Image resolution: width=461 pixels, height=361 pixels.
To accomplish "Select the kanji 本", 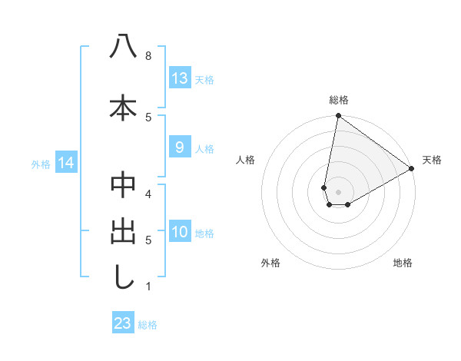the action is click(x=123, y=107).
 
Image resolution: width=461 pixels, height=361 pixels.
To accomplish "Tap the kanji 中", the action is click(x=123, y=185).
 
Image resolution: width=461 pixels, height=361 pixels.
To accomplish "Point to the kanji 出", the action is click(x=123, y=231).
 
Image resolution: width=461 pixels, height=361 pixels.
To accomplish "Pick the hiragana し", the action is click(x=123, y=277).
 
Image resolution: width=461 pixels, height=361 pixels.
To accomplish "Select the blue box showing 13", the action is click(x=179, y=78).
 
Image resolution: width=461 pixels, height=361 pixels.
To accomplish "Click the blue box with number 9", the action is click(x=179, y=147).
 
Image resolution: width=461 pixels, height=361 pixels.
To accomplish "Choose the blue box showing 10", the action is click(x=180, y=232).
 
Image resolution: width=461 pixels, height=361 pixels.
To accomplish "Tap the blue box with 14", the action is click(x=65, y=163).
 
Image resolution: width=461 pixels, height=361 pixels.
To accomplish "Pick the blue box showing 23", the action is click(x=122, y=323).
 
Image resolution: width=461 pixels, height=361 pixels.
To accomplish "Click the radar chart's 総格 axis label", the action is click(x=339, y=100).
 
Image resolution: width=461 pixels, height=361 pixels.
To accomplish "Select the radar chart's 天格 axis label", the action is click(x=432, y=160).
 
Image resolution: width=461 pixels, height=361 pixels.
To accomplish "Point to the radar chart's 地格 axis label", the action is click(x=403, y=263).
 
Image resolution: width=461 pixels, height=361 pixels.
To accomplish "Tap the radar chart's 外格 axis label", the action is click(x=270, y=263).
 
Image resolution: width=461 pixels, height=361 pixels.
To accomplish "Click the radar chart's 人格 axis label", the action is click(x=246, y=160).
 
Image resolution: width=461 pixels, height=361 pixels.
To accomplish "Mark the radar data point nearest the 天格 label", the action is click(x=412, y=169).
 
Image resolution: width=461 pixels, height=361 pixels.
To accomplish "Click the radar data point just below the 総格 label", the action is click(x=338, y=116).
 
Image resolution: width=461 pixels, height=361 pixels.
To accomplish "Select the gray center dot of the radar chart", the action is click(x=338, y=191).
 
